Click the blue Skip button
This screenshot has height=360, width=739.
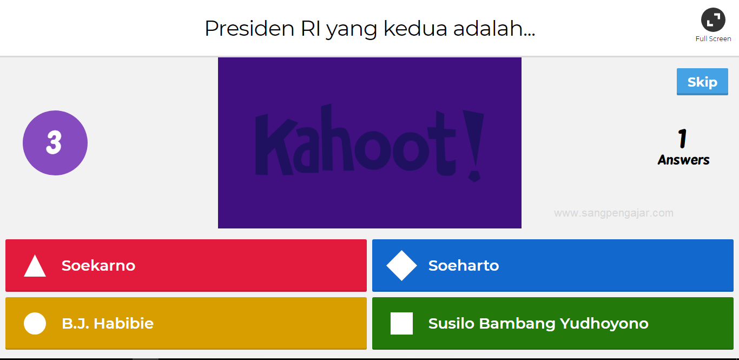702,82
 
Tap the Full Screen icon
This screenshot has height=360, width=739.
713,20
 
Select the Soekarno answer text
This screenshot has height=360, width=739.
98,265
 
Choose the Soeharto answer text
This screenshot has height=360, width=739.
464,265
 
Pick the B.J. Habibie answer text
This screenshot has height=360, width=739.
108,323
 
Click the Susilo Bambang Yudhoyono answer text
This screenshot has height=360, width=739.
538,323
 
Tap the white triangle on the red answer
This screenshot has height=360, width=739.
35,266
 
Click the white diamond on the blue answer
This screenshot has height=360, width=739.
401,265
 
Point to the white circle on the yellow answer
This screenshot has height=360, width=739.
35,323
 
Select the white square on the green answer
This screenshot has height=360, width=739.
401,323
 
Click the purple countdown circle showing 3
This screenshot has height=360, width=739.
55,143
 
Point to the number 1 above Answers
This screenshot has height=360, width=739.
683,139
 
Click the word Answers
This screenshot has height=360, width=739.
683,160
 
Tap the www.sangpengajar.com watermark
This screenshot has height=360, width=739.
613,213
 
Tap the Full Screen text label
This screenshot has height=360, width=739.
713,39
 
